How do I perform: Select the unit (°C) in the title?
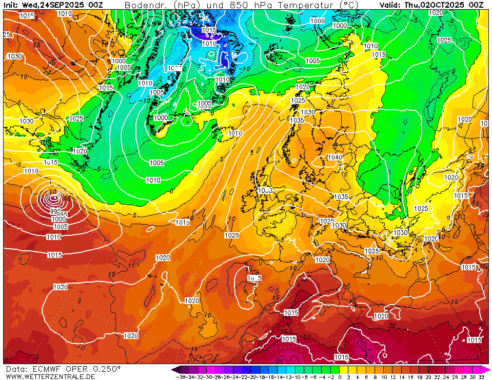349,5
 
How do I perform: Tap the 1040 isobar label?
334,157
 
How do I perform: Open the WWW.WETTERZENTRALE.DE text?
50,376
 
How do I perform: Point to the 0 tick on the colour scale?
340,376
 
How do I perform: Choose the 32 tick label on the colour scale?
481,376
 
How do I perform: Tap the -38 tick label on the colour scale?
181,376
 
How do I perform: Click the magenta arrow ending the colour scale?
486,369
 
